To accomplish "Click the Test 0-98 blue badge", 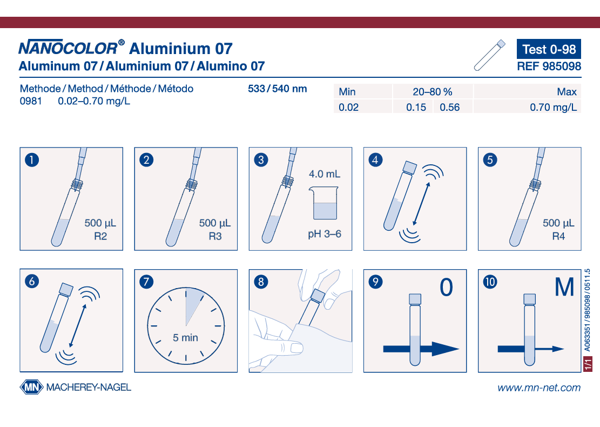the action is click(549, 49).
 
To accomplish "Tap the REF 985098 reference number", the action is click(549, 66).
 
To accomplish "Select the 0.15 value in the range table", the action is click(416, 107).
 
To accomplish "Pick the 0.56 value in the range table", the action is click(450, 107).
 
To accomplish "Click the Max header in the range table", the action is click(567, 92).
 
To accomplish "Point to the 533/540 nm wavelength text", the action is click(278, 89).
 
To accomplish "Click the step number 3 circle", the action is click(261, 159).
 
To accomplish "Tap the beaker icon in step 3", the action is click(324, 203).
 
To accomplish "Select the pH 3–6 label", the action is click(325, 234).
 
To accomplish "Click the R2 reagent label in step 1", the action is click(100, 236).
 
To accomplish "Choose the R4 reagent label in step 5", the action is click(558, 236).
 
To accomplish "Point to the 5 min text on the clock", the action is click(185, 338).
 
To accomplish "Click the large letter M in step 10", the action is click(564, 287).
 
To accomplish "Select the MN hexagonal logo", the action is click(31, 387).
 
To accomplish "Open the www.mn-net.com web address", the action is click(539, 388).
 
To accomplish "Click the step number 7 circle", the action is click(146, 282).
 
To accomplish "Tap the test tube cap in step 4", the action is click(409, 168).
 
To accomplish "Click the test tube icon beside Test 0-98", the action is click(489, 55).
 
